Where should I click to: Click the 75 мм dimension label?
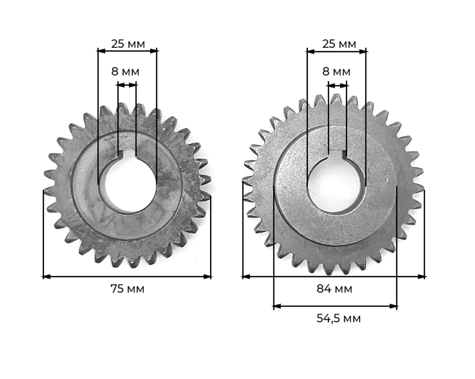coord(127,289)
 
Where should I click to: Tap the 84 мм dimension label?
coord(334,289)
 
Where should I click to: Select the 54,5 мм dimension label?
coord(338,318)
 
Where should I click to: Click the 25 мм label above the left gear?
coord(128,44)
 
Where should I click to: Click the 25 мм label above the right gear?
coord(339,44)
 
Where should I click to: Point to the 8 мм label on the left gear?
coord(125,72)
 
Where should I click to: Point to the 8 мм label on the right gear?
coord(336,72)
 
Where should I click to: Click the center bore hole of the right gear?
coord(336,185)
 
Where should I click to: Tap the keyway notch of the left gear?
coord(127,154)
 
